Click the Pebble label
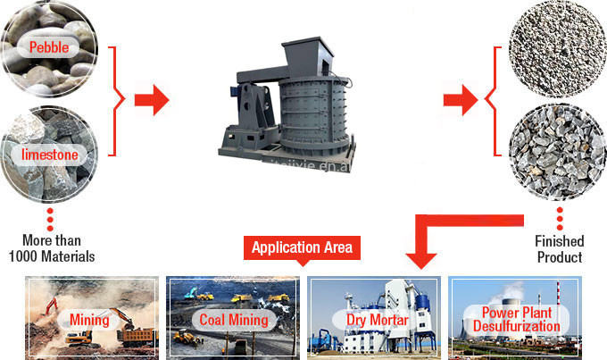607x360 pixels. [50, 46]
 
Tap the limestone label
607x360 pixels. [50, 155]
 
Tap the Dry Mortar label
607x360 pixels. [372, 319]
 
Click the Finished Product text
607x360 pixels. [559, 249]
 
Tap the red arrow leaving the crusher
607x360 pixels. [460, 100]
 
